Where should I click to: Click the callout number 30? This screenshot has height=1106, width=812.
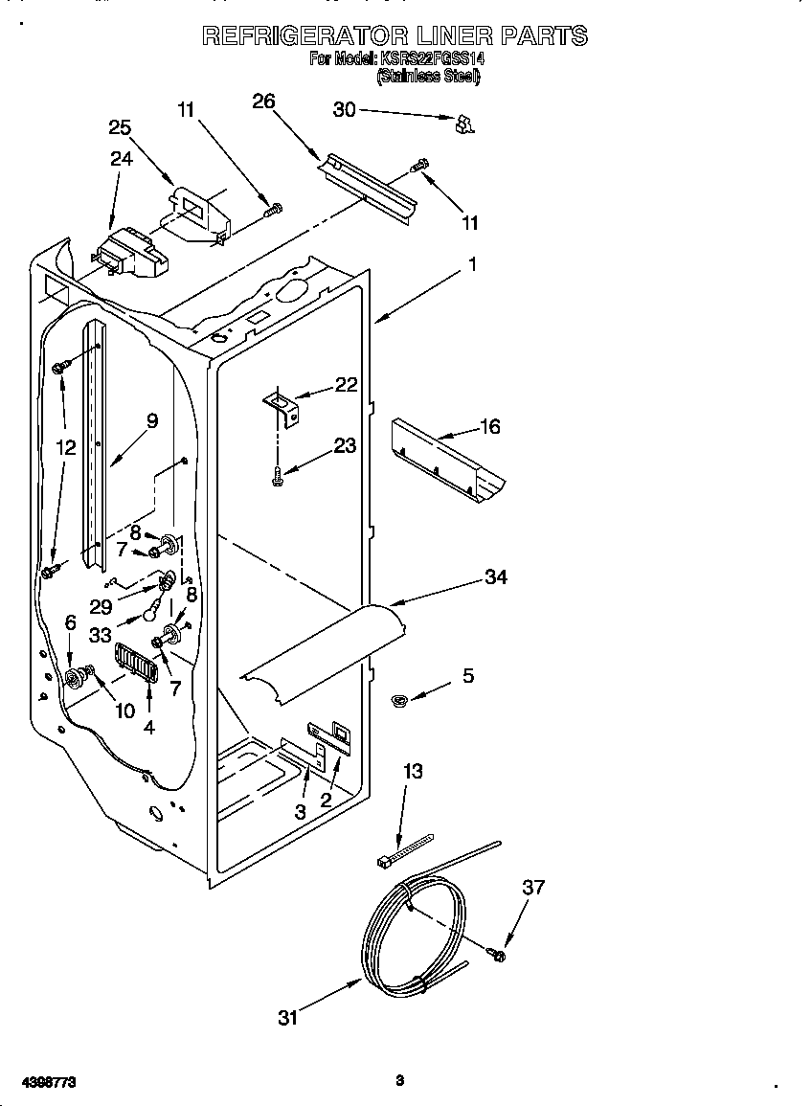coord(344,110)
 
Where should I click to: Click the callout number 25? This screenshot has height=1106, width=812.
coord(120,127)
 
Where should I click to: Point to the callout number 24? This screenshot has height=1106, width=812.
coord(121,159)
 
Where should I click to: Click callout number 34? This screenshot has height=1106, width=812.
coord(495,576)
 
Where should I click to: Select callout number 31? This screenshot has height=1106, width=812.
coord(288,1017)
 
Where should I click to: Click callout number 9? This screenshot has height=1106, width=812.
coord(151,419)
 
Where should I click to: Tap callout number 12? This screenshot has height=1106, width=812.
coord(65,446)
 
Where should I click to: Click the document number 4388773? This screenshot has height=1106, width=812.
coord(49,1081)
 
